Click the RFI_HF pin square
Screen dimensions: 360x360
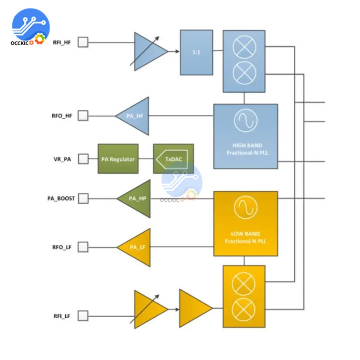83,42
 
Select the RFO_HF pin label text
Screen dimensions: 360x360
62,116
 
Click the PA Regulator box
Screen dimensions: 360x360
118,159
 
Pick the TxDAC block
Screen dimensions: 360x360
173,159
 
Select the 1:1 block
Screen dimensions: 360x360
196,52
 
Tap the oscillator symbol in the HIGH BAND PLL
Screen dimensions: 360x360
245,121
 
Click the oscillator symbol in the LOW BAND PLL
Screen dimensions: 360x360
245,207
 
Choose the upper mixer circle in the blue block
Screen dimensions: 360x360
244,47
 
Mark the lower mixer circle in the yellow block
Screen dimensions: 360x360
243,310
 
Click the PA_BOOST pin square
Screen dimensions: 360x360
83,198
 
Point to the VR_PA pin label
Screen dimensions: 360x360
62,159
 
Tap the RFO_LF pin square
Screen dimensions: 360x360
83,247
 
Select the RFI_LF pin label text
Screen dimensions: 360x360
62,316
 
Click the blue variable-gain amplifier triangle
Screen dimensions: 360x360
149,52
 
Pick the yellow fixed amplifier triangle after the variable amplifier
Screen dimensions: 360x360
196,308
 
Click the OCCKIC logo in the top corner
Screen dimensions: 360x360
30,27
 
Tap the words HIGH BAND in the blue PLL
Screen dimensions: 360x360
247,145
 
